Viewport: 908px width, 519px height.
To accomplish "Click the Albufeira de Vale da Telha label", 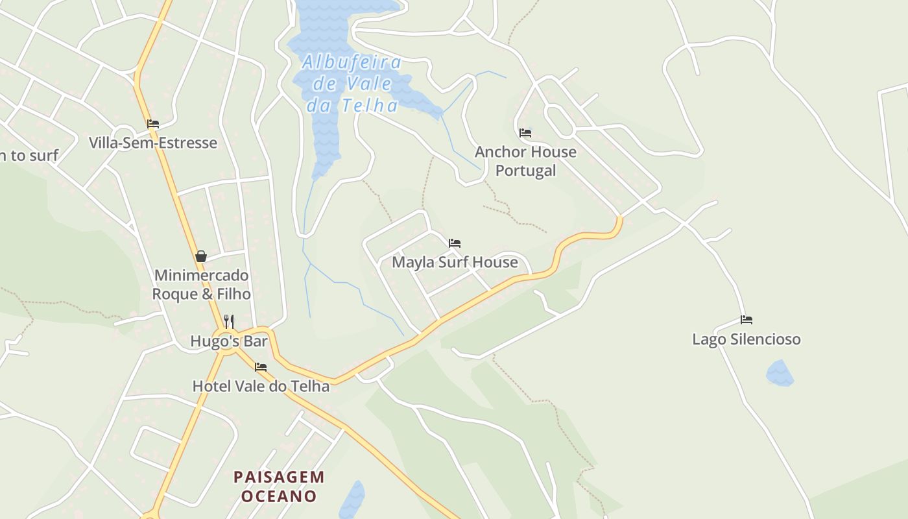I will (352, 83).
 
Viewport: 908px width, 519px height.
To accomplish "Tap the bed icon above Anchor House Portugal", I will (525, 133).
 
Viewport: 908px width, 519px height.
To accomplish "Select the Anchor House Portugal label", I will (525, 161).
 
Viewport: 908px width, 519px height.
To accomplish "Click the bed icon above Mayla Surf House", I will (455, 243).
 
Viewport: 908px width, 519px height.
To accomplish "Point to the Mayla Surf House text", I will (455, 262).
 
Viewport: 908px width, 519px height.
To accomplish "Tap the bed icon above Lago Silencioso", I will (747, 320).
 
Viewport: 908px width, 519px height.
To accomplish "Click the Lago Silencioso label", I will (747, 339).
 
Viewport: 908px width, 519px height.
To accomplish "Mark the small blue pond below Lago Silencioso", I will (780, 374).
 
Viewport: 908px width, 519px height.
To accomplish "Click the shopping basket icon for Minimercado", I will (201, 256).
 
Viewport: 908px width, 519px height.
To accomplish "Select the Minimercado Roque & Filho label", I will (201, 285).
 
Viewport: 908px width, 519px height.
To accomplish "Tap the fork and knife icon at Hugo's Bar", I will (228, 321).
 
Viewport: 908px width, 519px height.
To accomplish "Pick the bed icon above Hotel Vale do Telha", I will (261, 367).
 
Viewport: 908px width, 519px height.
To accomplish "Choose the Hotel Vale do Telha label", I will (261, 386).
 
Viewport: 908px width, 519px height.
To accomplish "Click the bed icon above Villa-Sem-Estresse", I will (153, 124).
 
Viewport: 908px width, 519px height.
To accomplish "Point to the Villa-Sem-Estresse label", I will (153, 143).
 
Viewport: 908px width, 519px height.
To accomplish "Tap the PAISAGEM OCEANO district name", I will (279, 487).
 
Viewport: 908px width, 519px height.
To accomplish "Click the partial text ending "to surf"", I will (29, 155).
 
